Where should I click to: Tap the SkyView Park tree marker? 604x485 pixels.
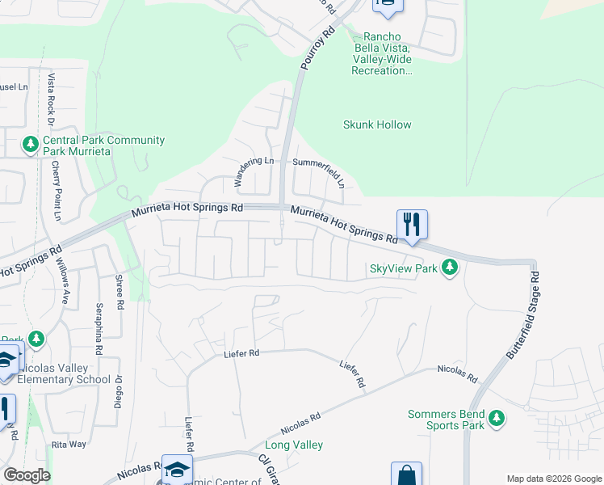[x=451, y=268]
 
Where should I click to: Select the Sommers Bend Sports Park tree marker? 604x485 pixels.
[x=497, y=419]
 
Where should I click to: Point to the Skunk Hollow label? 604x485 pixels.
[x=377, y=124]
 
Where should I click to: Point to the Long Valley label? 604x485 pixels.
[x=294, y=445]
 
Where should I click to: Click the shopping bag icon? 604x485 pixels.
[x=406, y=474]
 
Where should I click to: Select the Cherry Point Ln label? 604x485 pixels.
[x=57, y=191]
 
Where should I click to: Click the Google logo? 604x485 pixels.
[x=27, y=475]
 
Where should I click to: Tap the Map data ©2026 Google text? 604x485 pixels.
[x=553, y=478]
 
